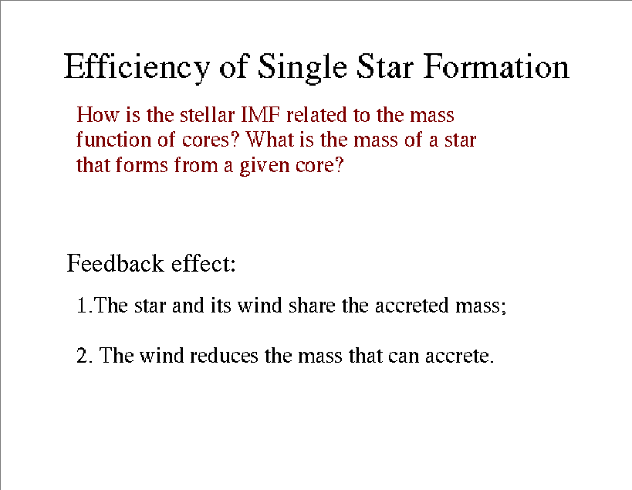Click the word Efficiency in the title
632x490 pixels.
pyautogui.click(x=137, y=67)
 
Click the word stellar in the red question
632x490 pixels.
pyautogui.click(x=207, y=115)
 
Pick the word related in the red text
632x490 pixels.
pyautogui.click(x=317, y=115)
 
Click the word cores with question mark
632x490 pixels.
pyautogui.click(x=211, y=140)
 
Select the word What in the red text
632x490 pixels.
pyautogui.click(x=270, y=140)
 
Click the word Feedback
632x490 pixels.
pyautogui.click(x=115, y=263)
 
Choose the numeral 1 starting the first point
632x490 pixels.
pyautogui.click(x=82, y=306)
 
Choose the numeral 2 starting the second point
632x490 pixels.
pyautogui.click(x=83, y=356)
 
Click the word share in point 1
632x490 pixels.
pyautogui.click(x=312, y=306)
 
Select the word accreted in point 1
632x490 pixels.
pyautogui.click(x=412, y=306)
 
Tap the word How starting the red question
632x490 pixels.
pyautogui.click(x=98, y=115)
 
